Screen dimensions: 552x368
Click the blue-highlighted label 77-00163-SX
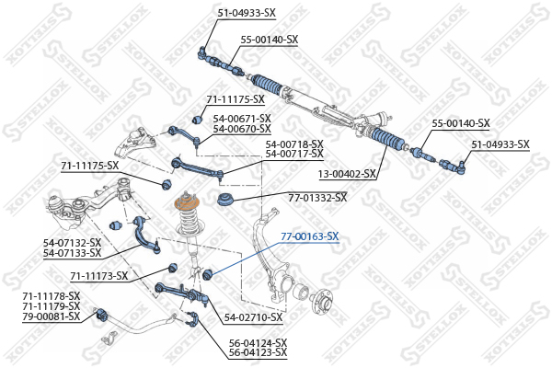310,236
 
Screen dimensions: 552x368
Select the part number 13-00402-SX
347,174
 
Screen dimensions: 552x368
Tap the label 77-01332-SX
317,198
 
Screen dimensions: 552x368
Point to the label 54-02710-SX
254,317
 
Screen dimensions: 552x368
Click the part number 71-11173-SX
99,276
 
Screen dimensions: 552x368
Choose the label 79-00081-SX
51,316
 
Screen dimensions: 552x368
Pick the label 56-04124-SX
258,342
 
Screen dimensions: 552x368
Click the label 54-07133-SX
72,253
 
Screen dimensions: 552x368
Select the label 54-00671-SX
242,119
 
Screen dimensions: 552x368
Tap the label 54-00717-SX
294,154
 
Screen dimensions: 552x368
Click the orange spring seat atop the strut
187,204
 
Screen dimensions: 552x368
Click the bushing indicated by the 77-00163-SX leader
208,274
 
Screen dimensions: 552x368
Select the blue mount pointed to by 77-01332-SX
225,200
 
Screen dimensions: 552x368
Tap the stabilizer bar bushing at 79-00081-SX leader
102,314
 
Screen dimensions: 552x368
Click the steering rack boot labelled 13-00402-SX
386,140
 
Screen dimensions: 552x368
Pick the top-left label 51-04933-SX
247,14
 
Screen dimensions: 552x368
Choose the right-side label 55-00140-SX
461,123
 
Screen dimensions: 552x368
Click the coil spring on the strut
189,220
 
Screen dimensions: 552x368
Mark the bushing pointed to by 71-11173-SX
173,268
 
